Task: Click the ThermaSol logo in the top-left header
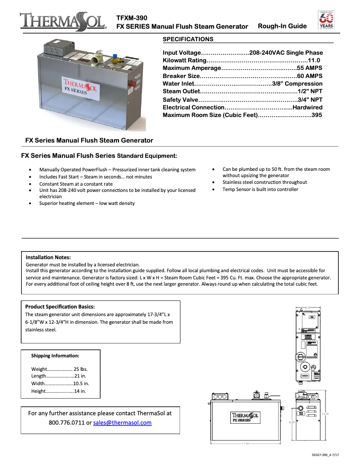click(62, 22)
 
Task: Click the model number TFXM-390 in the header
click(132, 17)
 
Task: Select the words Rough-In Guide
click(282, 26)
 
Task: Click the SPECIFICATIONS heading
click(188, 39)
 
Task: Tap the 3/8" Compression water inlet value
click(297, 83)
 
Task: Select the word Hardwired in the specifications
click(307, 107)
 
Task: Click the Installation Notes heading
click(48, 257)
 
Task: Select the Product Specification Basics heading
click(60, 307)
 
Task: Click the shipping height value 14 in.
click(80, 391)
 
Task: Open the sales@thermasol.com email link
click(122, 423)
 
